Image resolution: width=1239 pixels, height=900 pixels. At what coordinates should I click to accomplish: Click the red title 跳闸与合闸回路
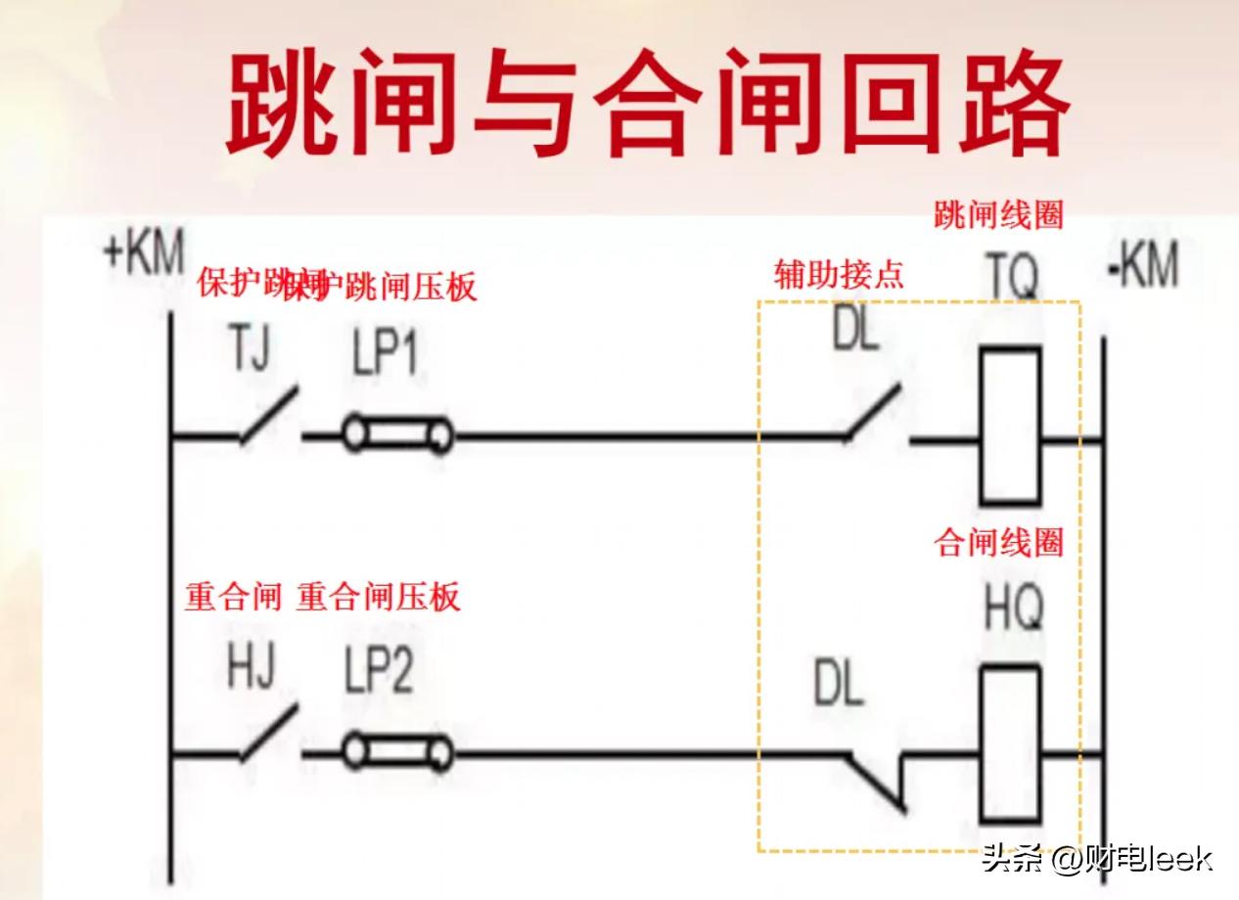(646, 105)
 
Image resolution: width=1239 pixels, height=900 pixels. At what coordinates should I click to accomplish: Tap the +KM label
(144, 253)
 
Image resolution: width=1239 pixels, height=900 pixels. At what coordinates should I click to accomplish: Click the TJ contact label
(250, 349)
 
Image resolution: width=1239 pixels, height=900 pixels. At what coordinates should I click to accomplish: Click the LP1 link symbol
(397, 434)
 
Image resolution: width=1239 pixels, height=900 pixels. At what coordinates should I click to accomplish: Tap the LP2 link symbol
(397, 753)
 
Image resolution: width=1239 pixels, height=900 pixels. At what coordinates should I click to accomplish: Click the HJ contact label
(251, 668)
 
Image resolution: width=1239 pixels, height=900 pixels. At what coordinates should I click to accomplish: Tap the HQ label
(1013, 607)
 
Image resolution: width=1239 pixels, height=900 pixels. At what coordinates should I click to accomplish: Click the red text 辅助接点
(839, 275)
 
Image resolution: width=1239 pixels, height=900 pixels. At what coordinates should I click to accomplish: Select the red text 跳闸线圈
(998, 214)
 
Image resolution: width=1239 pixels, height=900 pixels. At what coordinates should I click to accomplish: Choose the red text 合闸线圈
(998, 542)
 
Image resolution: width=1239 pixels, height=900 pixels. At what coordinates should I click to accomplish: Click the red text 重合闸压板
(378, 597)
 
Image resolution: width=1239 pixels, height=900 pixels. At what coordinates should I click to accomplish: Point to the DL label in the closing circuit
(839, 685)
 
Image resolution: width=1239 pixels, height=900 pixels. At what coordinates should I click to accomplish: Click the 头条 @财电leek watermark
(1097, 859)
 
